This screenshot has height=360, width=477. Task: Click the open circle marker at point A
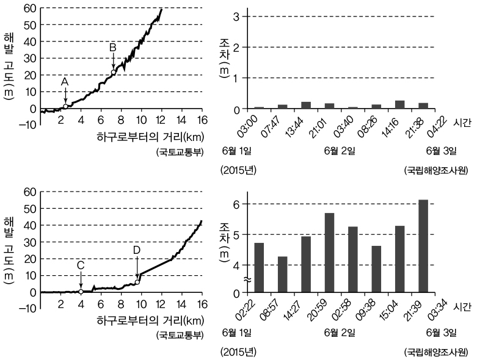point(65,107)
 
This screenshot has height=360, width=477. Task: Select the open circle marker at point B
point(113,73)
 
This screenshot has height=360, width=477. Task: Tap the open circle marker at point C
point(81,292)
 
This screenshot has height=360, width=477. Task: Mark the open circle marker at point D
point(137,281)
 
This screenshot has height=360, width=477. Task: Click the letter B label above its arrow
point(112,47)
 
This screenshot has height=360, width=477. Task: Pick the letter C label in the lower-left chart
point(81,265)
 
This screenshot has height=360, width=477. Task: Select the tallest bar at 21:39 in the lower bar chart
point(423,245)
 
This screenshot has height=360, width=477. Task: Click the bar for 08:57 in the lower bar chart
point(282,274)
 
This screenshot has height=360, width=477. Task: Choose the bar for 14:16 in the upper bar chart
point(400,104)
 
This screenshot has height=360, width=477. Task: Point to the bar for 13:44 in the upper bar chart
point(306,105)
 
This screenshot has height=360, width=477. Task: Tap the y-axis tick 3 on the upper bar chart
point(236,16)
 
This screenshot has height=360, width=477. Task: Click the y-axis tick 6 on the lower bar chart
point(236,204)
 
